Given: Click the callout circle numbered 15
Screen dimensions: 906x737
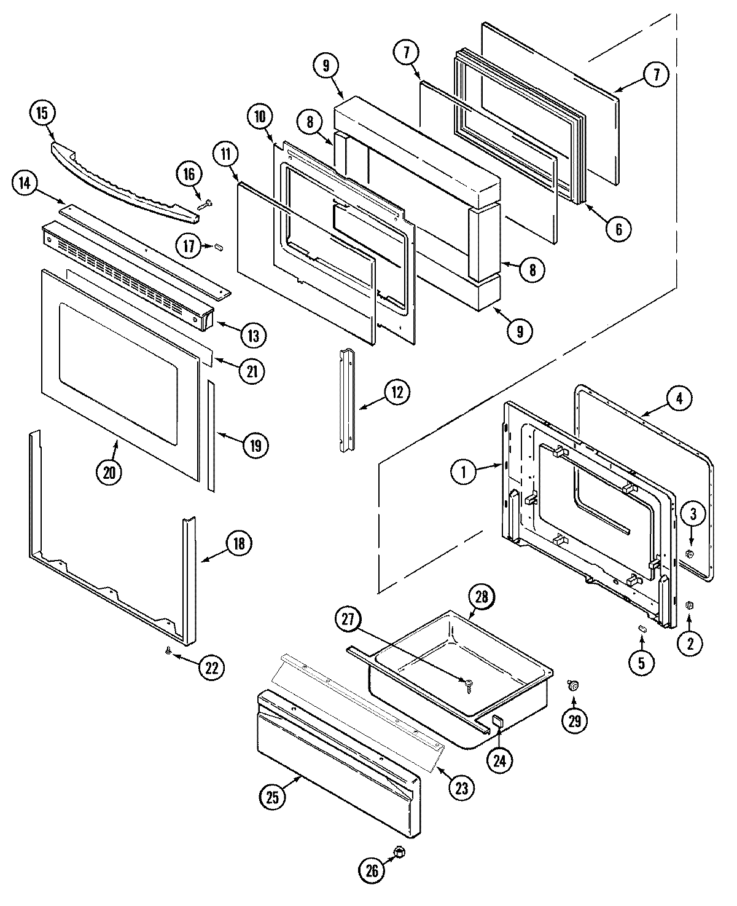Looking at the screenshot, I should (42, 114).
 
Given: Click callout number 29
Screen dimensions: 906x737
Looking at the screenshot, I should (574, 720).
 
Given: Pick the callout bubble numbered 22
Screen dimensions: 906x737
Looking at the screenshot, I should (211, 668).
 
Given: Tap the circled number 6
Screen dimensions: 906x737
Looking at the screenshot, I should (618, 229).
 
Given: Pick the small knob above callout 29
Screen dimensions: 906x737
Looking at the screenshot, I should (573, 685).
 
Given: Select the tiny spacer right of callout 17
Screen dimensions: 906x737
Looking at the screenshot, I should (218, 246).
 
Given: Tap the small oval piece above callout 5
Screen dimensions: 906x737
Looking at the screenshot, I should (641, 628).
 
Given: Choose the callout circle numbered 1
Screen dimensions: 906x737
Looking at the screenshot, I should (464, 472).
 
